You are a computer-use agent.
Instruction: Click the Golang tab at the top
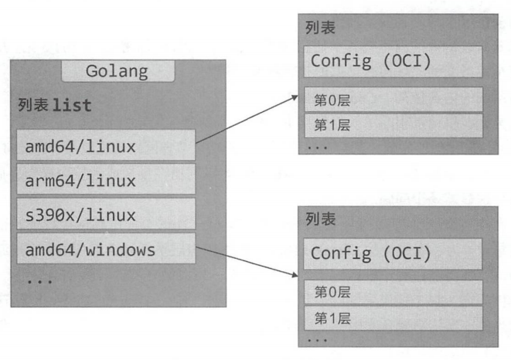pyautogui.click(x=118, y=72)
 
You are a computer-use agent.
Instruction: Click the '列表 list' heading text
pyautogui.click(x=55, y=105)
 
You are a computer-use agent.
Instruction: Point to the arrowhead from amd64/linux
pyautogui.click(x=295, y=97)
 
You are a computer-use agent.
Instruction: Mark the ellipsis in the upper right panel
pyautogui.click(x=318, y=144)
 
